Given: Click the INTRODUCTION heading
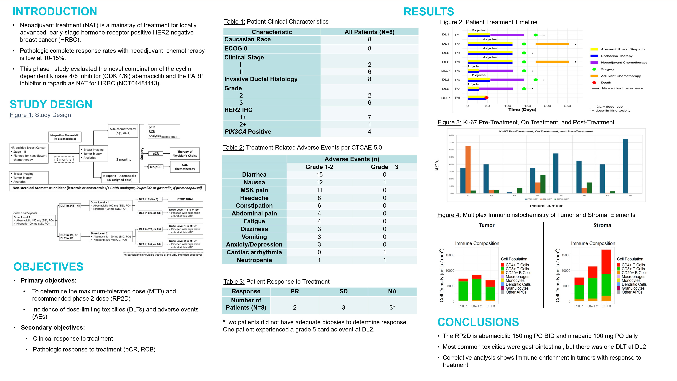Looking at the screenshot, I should (x=55, y=12).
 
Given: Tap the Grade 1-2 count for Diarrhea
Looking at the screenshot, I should (x=319, y=174).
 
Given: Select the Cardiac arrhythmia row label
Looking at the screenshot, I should (x=254, y=252).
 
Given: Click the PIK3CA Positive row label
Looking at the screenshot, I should (x=247, y=132).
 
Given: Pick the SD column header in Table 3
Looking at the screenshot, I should (x=343, y=291).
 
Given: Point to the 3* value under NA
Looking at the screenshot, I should (x=392, y=307).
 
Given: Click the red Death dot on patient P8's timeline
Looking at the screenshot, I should (x=486, y=98).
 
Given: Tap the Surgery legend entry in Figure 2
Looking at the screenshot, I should (x=607, y=69).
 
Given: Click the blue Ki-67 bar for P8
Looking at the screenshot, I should (x=625, y=166).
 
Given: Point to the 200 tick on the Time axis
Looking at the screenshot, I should (x=547, y=106).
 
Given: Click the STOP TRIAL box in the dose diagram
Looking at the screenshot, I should (x=185, y=199).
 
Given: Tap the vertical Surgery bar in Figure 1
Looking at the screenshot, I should (x=142, y=154).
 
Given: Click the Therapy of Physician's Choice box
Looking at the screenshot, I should (x=185, y=154).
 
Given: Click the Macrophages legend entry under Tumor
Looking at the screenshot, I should (x=517, y=277).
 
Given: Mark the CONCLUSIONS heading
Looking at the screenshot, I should (x=478, y=322).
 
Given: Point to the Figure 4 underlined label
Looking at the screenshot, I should (x=449, y=215).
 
